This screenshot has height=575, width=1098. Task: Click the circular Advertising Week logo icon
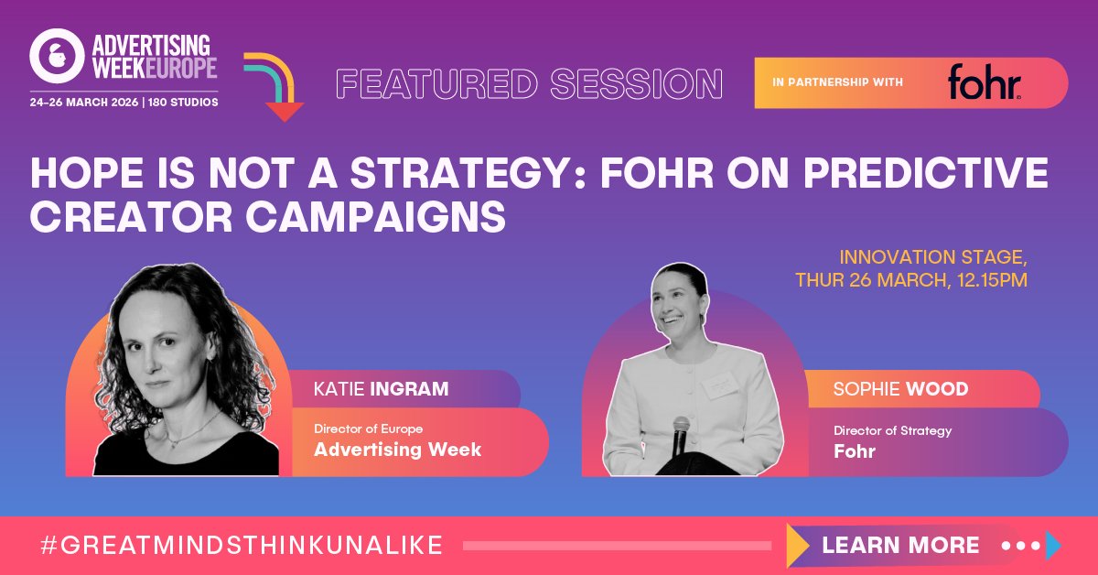click(x=57, y=57)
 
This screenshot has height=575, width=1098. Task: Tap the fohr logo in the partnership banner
click(x=984, y=83)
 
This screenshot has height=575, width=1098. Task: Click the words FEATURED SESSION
click(x=530, y=84)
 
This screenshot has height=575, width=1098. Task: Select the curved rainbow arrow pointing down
click(x=274, y=87)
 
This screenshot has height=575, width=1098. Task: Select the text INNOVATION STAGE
click(x=932, y=255)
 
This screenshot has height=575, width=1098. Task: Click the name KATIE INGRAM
click(x=381, y=389)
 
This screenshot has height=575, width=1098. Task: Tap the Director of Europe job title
click(x=368, y=429)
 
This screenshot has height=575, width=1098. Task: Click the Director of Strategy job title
click(x=892, y=430)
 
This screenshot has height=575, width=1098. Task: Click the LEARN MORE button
click(x=900, y=546)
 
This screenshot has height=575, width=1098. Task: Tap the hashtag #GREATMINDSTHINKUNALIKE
click(x=242, y=546)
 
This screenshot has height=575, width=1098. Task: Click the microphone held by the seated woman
click(x=680, y=435)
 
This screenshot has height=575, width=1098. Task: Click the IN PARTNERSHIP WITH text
click(x=837, y=83)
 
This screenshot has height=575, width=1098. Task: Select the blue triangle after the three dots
click(x=1053, y=546)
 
